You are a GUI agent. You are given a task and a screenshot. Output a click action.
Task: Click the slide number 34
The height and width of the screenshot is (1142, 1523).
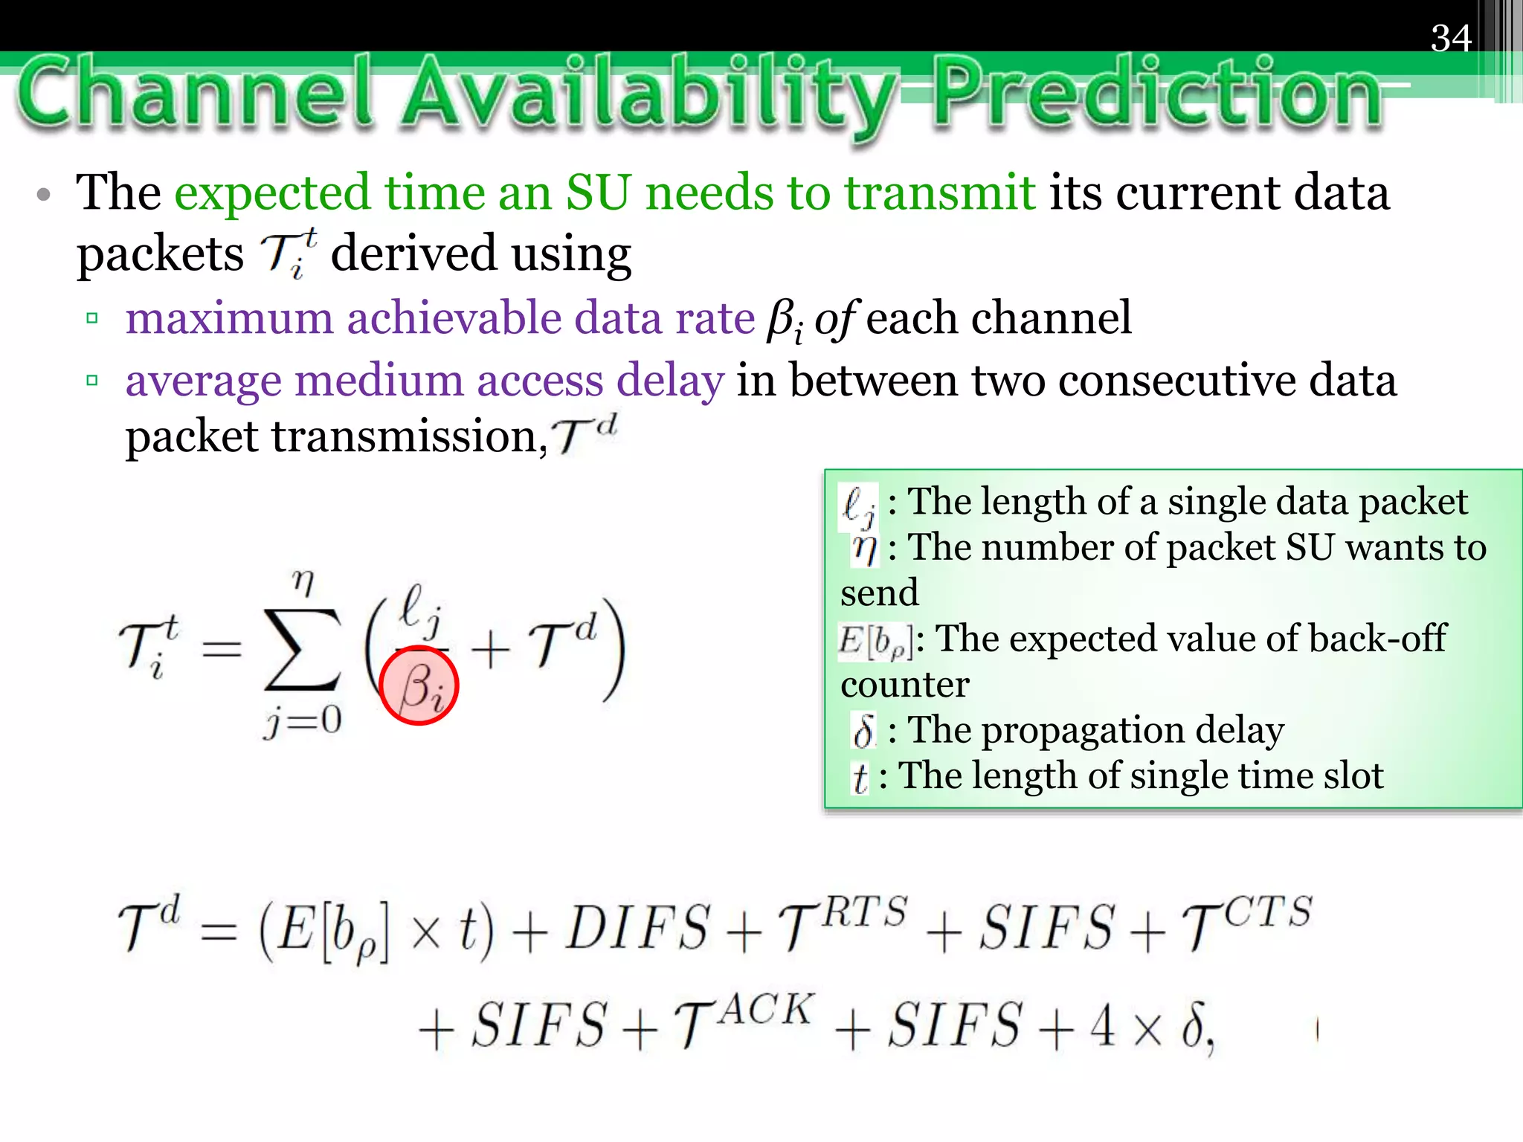(1450, 38)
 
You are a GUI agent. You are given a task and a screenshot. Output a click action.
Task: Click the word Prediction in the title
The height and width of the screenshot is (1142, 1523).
(1156, 95)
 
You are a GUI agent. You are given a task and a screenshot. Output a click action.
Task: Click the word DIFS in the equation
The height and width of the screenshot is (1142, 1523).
(637, 928)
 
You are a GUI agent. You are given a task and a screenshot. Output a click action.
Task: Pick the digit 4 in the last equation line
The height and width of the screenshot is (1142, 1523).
(1102, 1025)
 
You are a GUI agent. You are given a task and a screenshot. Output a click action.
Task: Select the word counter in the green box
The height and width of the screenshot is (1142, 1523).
(904, 685)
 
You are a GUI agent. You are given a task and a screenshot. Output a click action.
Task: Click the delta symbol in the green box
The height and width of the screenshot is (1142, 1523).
(863, 731)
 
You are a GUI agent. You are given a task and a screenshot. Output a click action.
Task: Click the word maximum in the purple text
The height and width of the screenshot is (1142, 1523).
(229, 318)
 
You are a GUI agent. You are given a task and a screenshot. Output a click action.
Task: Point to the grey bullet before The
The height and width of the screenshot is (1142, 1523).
(44, 196)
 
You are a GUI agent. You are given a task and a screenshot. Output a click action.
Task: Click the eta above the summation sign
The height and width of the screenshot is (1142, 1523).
(303, 581)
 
